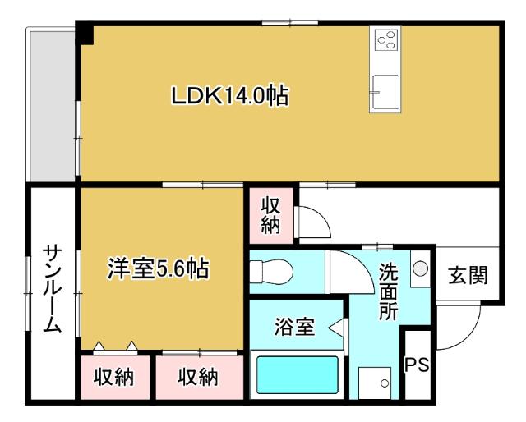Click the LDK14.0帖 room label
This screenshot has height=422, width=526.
[x=230, y=96]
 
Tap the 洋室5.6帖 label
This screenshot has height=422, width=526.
[x=159, y=268]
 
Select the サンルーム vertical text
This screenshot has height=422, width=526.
[x=53, y=289]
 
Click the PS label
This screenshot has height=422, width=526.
[x=417, y=365]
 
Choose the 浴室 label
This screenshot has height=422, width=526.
[x=294, y=327]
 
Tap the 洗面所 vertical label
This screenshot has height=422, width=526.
[x=389, y=291]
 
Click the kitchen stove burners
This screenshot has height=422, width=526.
[x=386, y=39]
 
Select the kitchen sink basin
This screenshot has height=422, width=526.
[x=385, y=92]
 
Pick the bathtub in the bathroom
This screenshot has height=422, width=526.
[x=298, y=374]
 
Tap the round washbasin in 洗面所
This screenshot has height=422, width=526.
[x=420, y=268]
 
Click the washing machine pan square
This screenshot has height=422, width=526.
[x=375, y=383]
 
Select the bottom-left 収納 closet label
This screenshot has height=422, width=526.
[x=114, y=378]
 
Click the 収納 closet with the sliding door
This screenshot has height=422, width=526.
[x=198, y=378]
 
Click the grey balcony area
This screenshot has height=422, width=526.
[x=52, y=107]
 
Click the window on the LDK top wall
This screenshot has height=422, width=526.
[x=290, y=23]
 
